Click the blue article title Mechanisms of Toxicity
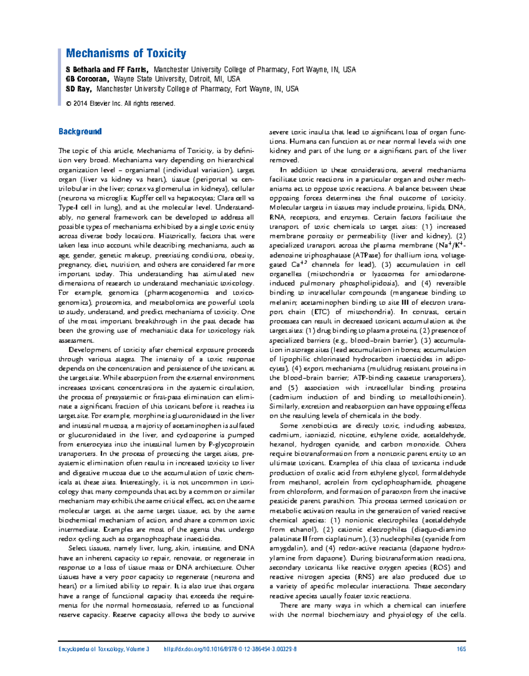point(126,54)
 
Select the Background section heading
point(80,132)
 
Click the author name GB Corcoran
point(87,79)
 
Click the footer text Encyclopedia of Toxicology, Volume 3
point(104,649)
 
